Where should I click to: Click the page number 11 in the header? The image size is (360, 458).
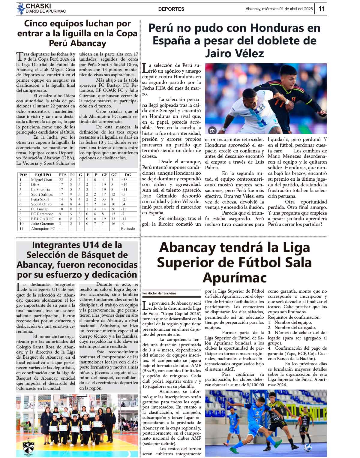coord(322,9)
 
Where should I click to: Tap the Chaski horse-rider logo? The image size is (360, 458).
coord(20,9)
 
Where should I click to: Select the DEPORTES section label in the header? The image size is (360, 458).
coord(171,9)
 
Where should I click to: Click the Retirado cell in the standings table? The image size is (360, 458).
coord(128,228)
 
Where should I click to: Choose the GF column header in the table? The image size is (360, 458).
coord(104,175)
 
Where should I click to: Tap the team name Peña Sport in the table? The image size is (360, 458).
coord(40,199)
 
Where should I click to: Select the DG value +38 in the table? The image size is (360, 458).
coord(124,179)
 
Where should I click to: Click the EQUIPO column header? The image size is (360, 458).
coord(43,175)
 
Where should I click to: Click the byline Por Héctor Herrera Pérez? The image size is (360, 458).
coord(159,293)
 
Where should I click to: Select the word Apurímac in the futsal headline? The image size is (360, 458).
coord(234,277)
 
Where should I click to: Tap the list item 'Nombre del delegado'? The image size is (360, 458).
coord(295,327)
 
